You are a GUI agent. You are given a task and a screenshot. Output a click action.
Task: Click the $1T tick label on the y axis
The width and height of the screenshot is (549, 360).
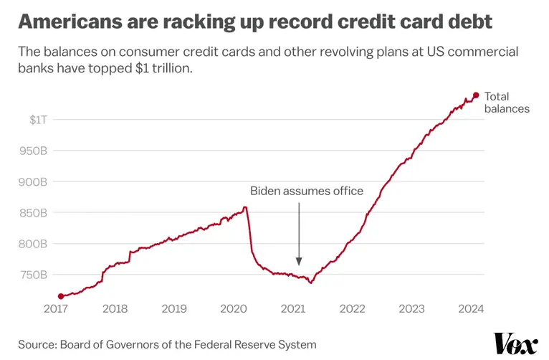tap(38, 120)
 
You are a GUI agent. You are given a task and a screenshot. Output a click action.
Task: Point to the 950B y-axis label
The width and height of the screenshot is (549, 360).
tap(33, 151)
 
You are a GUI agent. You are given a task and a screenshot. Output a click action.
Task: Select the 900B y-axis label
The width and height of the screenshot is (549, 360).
tap(33, 182)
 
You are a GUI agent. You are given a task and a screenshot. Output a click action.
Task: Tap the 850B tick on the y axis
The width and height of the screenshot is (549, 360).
tap(33, 213)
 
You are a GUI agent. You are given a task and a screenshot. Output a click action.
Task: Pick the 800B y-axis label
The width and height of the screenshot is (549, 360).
tap(33, 244)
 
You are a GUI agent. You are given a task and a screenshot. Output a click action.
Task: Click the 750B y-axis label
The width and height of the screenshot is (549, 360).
tap(33, 275)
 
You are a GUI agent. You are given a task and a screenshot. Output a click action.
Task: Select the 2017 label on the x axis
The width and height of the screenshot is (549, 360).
tap(56, 309)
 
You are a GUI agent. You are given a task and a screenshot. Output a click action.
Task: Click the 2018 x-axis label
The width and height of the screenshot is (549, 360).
tap(115, 309)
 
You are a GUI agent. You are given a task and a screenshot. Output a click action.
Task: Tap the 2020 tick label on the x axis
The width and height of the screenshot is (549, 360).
tap(234, 309)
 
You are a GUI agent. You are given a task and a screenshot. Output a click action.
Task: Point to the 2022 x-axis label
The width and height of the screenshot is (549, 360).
tap(353, 309)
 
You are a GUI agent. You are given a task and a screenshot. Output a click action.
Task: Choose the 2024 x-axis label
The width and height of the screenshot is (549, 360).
tap(471, 309)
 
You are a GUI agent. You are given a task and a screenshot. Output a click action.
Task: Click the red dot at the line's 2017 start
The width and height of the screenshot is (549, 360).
tap(61, 296)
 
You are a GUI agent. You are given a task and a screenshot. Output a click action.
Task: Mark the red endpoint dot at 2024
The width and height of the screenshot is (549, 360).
tap(475, 95)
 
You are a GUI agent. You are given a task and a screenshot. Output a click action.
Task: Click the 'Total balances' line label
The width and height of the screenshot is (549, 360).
tap(507, 103)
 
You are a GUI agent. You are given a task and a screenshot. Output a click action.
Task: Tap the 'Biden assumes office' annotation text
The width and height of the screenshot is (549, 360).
tap(307, 191)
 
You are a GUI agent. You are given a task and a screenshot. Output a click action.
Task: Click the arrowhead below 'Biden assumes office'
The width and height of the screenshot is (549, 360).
tap(299, 262)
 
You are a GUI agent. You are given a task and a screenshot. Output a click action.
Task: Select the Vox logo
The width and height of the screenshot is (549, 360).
tap(515, 344)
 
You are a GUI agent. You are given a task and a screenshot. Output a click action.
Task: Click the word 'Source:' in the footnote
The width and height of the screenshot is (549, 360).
tap(38, 345)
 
